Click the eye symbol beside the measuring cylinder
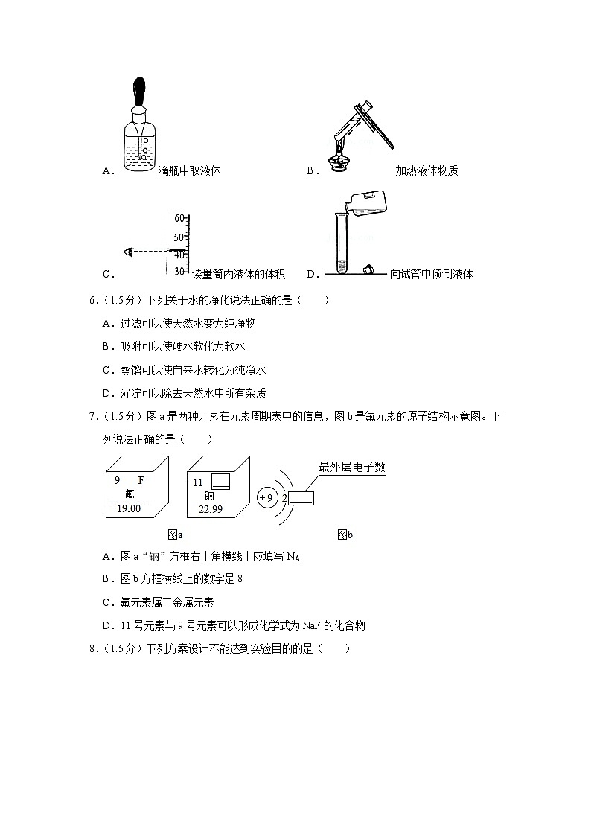click(129, 252)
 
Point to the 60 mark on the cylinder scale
click(179, 218)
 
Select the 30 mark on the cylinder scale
click(179, 271)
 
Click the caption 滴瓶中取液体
click(190, 170)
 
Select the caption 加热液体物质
click(427, 170)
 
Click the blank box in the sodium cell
click(221, 482)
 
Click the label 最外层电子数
click(352, 468)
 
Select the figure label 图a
click(176, 534)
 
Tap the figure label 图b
click(345, 534)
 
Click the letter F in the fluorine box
click(141, 481)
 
